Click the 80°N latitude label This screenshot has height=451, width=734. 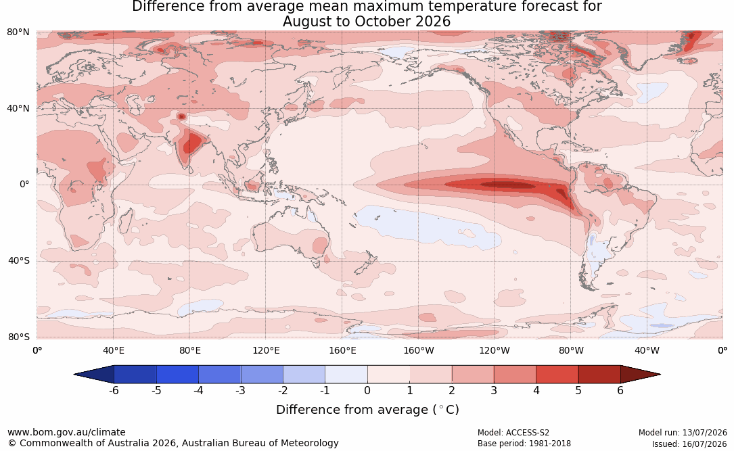[x=18, y=32]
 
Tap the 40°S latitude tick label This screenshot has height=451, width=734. [x=19, y=260]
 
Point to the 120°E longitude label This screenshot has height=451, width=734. [x=266, y=350]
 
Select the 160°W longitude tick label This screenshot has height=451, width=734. [x=419, y=350]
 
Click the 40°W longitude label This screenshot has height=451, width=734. [x=647, y=350]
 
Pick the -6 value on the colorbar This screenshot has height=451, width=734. [x=114, y=390]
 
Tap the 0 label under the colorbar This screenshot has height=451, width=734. [x=367, y=390]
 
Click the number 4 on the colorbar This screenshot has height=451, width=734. [x=536, y=390]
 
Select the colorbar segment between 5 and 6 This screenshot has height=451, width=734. [x=599, y=375]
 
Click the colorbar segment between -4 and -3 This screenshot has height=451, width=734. [x=220, y=375]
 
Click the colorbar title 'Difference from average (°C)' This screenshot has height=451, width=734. [x=367, y=410]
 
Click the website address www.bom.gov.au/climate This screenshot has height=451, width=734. [x=66, y=432]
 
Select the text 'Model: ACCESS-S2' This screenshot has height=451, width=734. [x=513, y=433]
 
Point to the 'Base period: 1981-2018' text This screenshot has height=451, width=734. [x=524, y=444]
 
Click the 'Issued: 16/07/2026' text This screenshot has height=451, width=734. [x=689, y=444]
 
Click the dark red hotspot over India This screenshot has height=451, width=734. [x=192, y=142]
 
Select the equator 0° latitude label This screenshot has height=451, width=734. [x=24, y=185]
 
